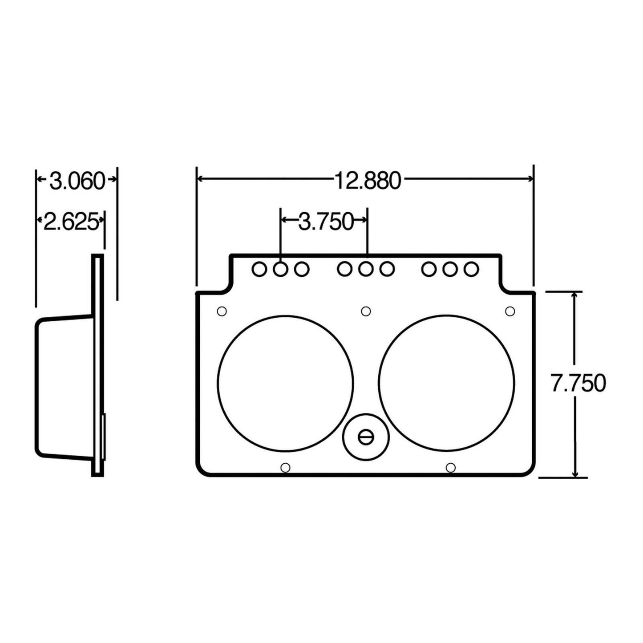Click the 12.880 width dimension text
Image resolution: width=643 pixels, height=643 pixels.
click(x=368, y=180)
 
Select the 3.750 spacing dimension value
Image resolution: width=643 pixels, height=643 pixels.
click(x=325, y=221)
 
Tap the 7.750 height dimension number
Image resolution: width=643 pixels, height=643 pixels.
click(x=578, y=383)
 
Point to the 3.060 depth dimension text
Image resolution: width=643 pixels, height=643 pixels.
click(x=76, y=181)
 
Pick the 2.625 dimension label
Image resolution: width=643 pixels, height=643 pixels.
click(x=70, y=221)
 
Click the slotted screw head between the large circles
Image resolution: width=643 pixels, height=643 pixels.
click(x=366, y=437)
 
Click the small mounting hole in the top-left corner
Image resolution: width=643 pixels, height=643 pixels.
click(x=222, y=311)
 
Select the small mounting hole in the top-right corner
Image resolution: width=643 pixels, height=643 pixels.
click(x=510, y=311)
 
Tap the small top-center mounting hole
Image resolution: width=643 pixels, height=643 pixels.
click(x=366, y=311)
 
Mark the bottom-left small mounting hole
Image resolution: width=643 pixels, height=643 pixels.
click(x=286, y=467)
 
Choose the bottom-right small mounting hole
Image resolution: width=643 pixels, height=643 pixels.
click(x=450, y=467)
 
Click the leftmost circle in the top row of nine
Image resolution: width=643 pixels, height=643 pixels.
click(x=259, y=269)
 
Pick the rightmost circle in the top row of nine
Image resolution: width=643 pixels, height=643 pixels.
click(x=471, y=269)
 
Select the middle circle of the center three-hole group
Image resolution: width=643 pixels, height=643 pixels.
click(x=366, y=269)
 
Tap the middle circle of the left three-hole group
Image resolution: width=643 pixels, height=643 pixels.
click(x=280, y=269)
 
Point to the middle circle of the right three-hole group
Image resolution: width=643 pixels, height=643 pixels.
click(x=450, y=269)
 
